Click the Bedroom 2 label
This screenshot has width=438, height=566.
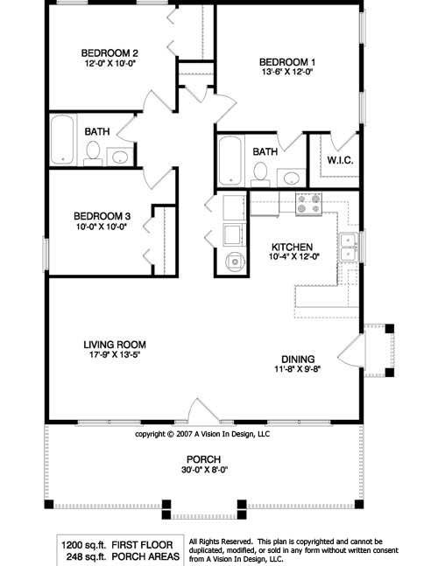coord(109,53)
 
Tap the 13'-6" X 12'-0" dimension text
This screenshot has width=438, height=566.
coord(287,72)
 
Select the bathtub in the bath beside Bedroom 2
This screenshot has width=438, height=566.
coord(62,139)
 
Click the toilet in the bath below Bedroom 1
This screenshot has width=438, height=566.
coord(260,175)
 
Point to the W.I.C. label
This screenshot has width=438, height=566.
coord(340,160)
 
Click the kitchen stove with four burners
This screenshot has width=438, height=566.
coord(308,204)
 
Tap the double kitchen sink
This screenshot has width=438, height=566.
coord(349,248)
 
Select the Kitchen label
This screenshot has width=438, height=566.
coord(292,248)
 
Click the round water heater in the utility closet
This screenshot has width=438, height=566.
coord(235,262)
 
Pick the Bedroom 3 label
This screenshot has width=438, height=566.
coord(102,216)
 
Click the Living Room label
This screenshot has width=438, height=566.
coord(115,345)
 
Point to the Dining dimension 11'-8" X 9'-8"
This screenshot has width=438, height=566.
coord(298,369)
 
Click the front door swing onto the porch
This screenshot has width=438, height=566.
coord(203,409)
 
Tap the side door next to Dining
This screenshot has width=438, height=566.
coord(350,353)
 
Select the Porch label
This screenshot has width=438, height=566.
coord(204,459)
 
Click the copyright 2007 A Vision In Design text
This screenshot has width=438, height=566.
coord(202,434)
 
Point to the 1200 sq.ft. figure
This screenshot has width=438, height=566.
coord(83,545)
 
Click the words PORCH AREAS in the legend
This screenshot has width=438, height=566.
coord(145,556)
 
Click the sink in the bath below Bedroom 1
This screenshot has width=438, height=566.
coord(291,178)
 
